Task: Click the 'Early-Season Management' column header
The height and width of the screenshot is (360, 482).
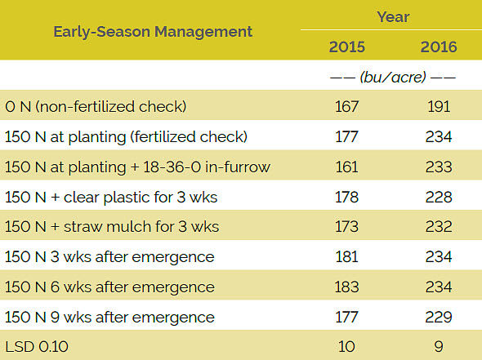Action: coord(153,32)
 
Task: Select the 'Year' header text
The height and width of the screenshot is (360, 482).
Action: coord(393,16)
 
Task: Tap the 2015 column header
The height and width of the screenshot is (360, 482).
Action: coord(347,46)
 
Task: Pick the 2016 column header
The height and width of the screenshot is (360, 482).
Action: coord(439,46)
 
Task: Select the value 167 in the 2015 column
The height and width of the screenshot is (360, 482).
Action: coord(347,106)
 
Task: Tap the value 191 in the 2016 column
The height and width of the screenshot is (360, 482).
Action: coord(439,106)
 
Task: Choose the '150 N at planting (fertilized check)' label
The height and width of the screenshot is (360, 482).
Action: coord(126,136)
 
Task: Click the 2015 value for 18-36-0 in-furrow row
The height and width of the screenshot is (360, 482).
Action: coord(347,167)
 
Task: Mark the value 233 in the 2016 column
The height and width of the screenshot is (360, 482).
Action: coord(439,167)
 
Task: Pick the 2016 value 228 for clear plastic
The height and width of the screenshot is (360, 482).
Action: coord(439,197)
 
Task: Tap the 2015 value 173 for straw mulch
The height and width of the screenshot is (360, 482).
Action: coord(347,227)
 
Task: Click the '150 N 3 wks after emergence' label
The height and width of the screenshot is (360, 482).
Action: coord(109,257)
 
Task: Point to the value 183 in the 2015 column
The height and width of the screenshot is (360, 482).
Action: coord(347,287)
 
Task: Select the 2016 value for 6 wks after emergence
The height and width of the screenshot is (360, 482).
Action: coord(439,287)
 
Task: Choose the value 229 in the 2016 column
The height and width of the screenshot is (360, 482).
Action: coord(439,318)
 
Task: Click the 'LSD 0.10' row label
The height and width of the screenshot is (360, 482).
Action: coord(37,347)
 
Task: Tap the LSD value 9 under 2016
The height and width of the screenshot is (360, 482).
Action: coord(439,347)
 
